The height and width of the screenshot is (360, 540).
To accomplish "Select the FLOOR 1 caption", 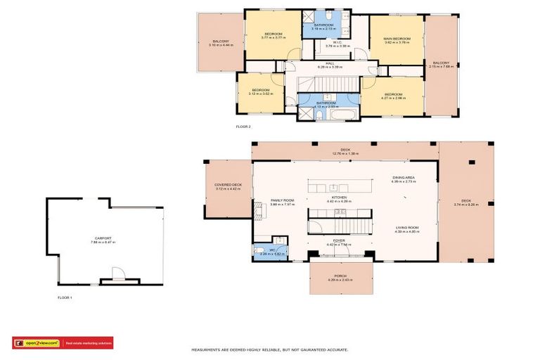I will (x=65, y=298).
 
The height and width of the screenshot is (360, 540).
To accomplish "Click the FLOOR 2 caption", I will (x=243, y=127).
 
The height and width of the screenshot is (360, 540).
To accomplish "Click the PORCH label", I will (x=339, y=275).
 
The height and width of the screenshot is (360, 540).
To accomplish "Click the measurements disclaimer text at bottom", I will (x=270, y=349).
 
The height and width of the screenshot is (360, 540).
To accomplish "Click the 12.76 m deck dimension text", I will (x=345, y=152).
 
